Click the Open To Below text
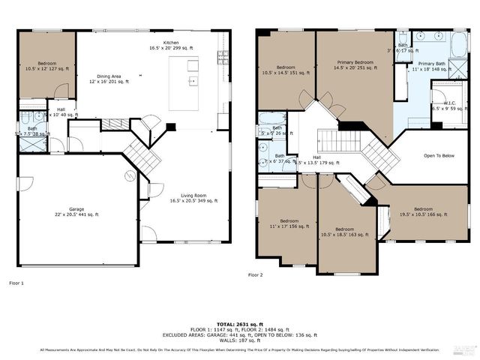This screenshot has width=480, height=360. click(x=439, y=156)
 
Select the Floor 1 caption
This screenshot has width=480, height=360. click(x=16, y=283)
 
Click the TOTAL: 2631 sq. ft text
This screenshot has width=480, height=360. click(x=240, y=322)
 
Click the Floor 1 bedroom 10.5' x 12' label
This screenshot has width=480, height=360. click(x=46, y=65)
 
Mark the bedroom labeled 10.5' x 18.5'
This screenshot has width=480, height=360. click(x=344, y=232)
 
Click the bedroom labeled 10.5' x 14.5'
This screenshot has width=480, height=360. click(x=286, y=70)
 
